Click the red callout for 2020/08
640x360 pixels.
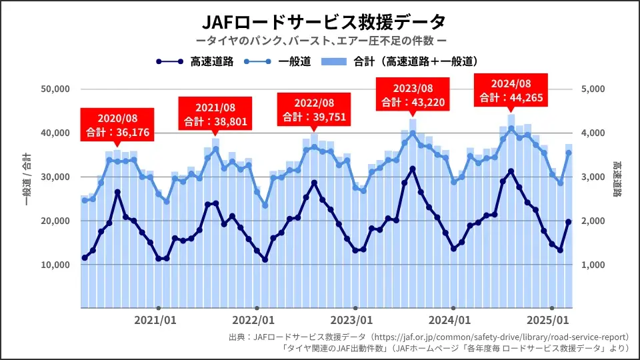coord(117,124)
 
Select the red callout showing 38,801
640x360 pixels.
coord(215,114)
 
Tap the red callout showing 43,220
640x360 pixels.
coord(413,95)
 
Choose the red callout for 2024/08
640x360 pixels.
coord(511,91)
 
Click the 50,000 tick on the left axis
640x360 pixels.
coord(57,89)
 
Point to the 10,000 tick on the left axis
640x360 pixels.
coord(57,265)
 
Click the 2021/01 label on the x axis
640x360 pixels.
coord(156,320)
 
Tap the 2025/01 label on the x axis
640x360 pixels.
coord(549,320)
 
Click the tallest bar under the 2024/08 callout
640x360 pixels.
coord(511,213)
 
